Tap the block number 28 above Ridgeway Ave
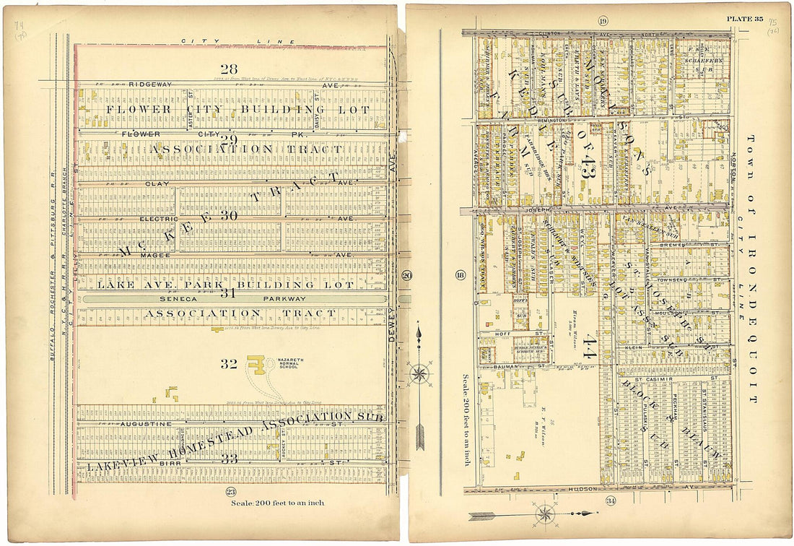tap(229, 69)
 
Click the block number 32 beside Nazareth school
tap(229, 364)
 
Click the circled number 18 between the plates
tap(460, 274)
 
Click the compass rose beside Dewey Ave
tap(419, 374)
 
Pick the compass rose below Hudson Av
tap(545, 514)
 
